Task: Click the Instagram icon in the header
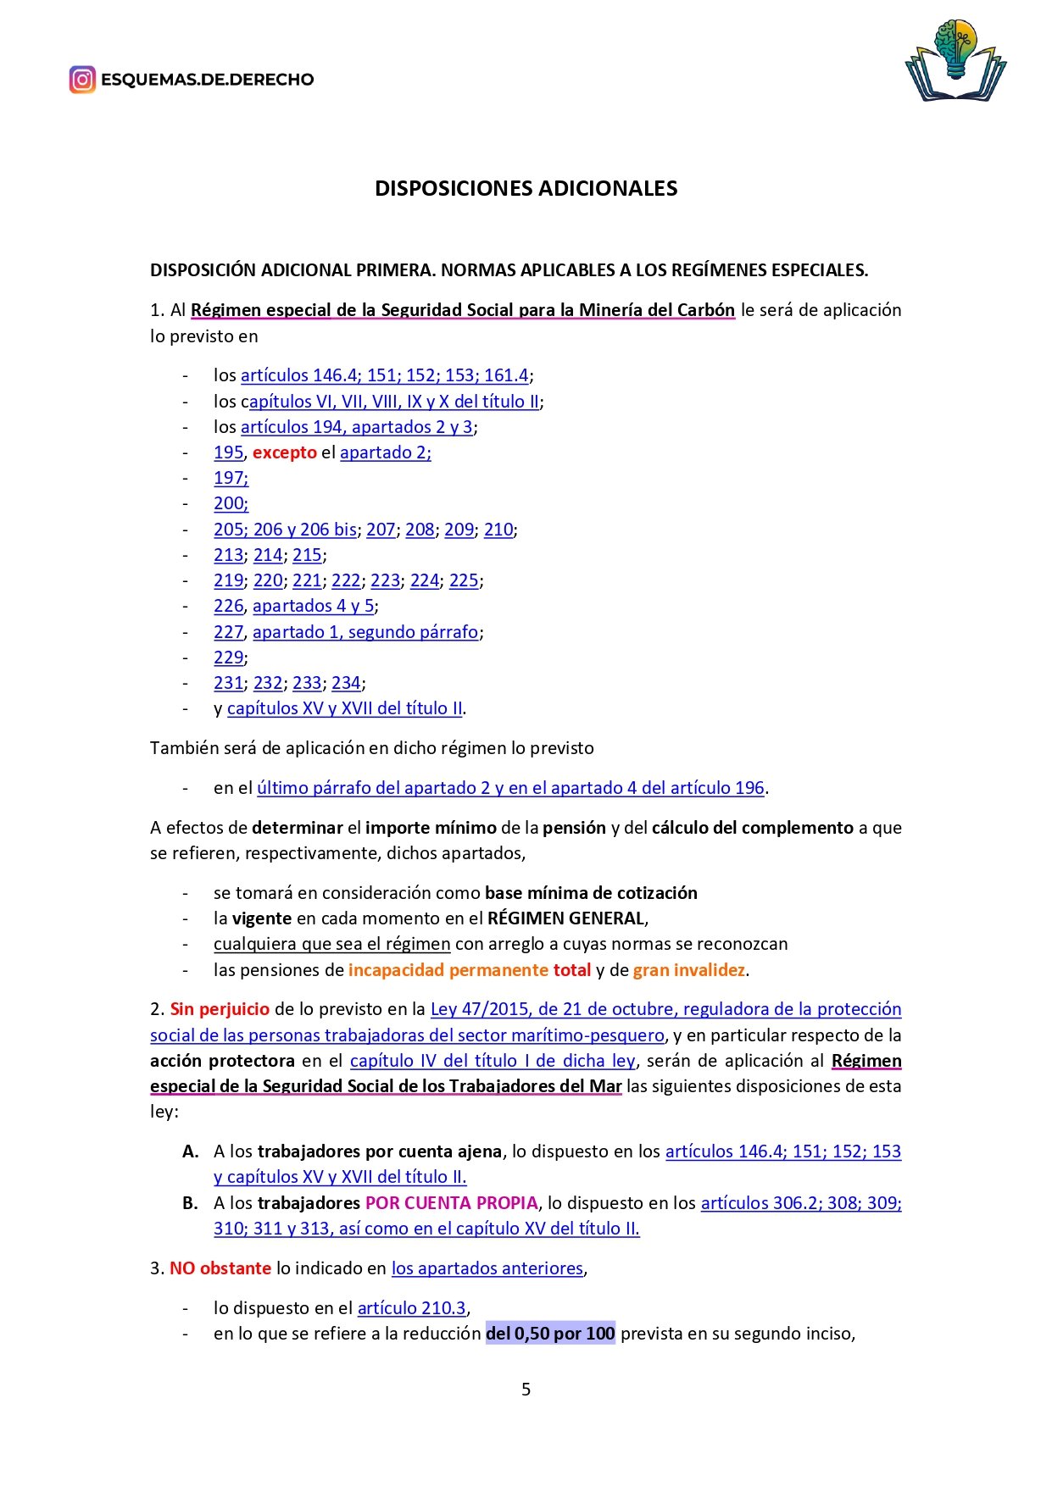pos(82,80)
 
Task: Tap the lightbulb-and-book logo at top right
pos(955,61)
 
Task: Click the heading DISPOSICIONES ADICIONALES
pos(526,188)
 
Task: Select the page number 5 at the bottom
pos(526,1389)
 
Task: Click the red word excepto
pos(285,452)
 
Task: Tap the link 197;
pos(231,478)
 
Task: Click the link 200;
pos(231,503)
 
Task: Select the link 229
pos(229,657)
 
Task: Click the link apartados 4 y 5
pos(313,606)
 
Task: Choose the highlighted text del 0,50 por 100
pos(550,1334)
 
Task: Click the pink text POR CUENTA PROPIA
pos(452,1203)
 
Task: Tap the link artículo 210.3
pos(411,1308)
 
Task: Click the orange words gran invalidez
pos(689,970)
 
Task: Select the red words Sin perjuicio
pos(220,1009)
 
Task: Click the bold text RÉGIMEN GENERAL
pos(565,918)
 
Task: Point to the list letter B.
pos(191,1203)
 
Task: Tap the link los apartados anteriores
pos(487,1268)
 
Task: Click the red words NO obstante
pos(220,1268)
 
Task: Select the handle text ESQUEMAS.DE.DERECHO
pos(208,80)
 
